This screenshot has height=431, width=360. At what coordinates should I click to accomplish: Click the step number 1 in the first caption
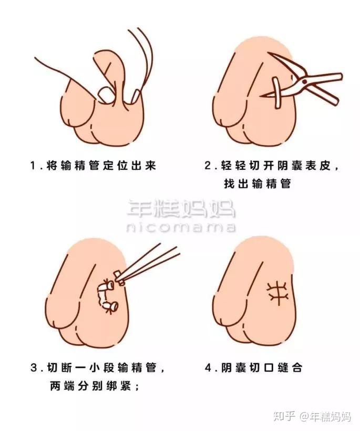[33, 166]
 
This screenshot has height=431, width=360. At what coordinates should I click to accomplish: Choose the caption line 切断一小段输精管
[108, 368]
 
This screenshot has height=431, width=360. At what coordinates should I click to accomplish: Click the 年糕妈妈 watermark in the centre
[180, 209]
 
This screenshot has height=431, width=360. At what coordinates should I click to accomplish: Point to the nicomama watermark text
[180, 228]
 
